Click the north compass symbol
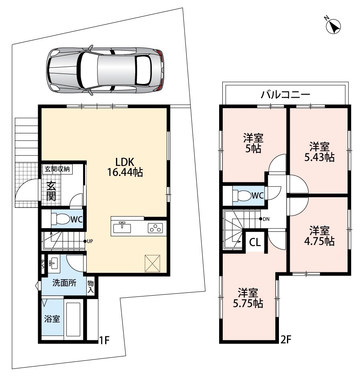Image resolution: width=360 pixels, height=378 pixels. pyautogui.click(x=334, y=26)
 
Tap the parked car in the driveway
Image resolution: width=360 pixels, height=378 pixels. pyautogui.click(x=105, y=70)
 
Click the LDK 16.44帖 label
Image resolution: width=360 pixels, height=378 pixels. pyautogui.click(x=125, y=167)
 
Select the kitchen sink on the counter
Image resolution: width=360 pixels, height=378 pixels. pyautogui.click(x=122, y=227)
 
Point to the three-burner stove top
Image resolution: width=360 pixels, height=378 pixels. pyautogui.click(x=155, y=228)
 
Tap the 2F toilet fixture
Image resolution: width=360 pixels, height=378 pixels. pyautogui.click(x=242, y=195)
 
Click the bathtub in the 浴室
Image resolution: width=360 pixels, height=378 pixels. pyautogui.click(x=73, y=319)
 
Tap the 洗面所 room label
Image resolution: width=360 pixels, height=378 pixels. pyautogui.click(x=64, y=283)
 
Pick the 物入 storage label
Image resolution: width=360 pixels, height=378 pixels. pyautogui.click(x=91, y=286)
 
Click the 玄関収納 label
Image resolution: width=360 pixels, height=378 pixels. pyautogui.click(x=57, y=169)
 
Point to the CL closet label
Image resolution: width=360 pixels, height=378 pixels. pyautogui.click(x=255, y=242)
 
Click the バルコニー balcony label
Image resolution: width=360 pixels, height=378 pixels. pyautogui.click(x=285, y=95)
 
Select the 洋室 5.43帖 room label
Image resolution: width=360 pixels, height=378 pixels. pyautogui.click(x=319, y=152)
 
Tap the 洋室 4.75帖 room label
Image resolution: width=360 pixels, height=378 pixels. pyautogui.click(x=319, y=236)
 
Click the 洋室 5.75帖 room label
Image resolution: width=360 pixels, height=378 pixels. pyautogui.click(x=248, y=298)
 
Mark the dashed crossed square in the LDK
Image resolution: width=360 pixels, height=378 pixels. pyautogui.click(x=153, y=263)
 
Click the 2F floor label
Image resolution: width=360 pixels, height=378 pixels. pyautogui.click(x=286, y=339)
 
